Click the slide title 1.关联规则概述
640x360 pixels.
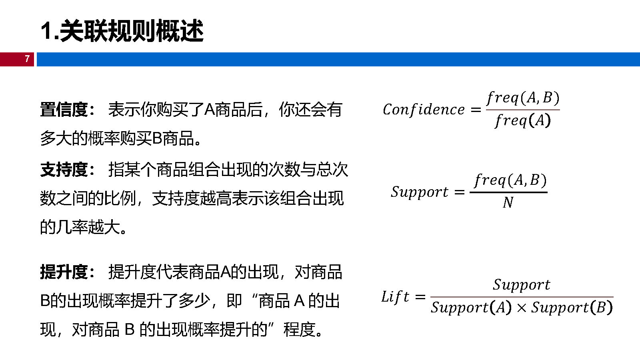[x=122, y=31]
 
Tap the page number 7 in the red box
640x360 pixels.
[x=27, y=59]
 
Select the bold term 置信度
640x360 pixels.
[x=64, y=110]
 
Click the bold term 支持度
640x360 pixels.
[x=64, y=170]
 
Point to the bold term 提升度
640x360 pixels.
[x=64, y=272]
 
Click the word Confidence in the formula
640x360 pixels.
[x=424, y=110]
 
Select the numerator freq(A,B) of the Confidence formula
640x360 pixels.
[x=523, y=98]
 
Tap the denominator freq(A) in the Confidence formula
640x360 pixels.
[x=523, y=120]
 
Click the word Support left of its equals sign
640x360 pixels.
[x=420, y=192]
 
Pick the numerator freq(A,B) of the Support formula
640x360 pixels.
[x=510, y=180]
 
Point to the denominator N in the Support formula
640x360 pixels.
[x=508, y=203]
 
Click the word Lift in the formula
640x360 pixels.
[x=395, y=297]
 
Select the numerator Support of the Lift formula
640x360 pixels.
[x=521, y=284]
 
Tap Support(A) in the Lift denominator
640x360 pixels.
[x=471, y=307]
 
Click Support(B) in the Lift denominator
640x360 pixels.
[x=572, y=307]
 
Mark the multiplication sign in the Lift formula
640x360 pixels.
[x=521, y=308]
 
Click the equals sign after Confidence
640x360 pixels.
[x=476, y=110]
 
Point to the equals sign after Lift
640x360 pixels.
[x=420, y=297]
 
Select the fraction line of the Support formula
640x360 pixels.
[x=508, y=192]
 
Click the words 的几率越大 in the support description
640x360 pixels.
[x=80, y=227]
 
